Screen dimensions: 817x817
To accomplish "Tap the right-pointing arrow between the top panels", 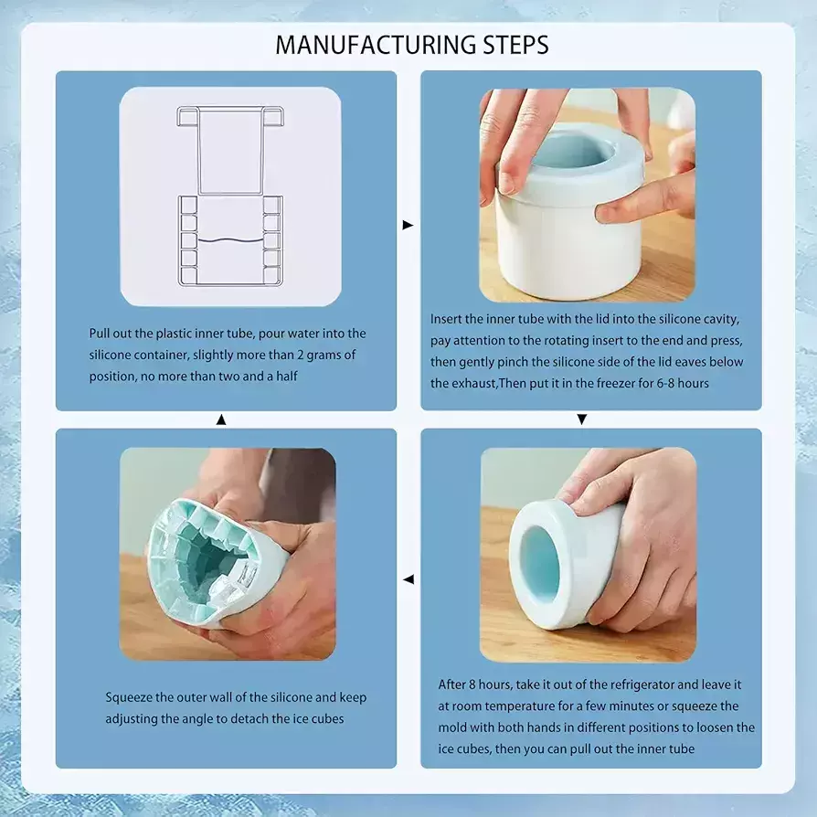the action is (408, 225).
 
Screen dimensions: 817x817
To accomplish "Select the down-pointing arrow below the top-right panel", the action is (582, 419).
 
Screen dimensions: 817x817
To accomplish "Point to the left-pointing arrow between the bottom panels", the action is (408, 578).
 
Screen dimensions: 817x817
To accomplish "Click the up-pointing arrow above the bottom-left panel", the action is (221, 419).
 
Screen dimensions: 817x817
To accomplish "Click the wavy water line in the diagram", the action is (229, 240).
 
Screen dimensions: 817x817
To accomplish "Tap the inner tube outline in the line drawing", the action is (229, 150).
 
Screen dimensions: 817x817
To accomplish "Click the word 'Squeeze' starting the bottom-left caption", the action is (129, 697).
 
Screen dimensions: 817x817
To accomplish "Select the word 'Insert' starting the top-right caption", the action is (445, 319).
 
